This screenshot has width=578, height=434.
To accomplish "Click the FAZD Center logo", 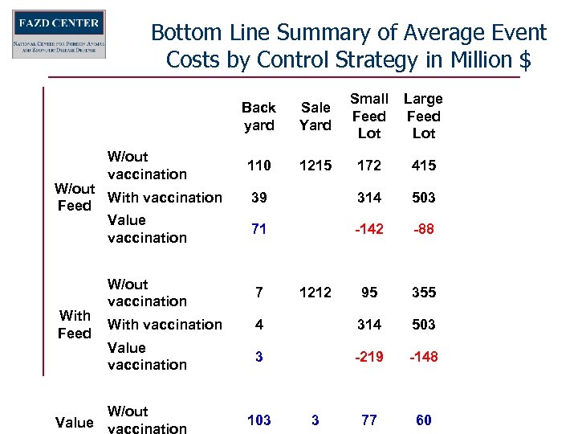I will pyautogui.click(x=59, y=35).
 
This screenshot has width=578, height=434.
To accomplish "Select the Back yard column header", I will pyautogui.click(x=258, y=116).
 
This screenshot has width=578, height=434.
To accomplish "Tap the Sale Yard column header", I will pyautogui.click(x=315, y=116).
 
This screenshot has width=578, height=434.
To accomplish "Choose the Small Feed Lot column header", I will pyautogui.click(x=369, y=116).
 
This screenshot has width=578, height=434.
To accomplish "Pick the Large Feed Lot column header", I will pyautogui.click(x=423, y=116).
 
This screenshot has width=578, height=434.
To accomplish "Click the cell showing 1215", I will pyautogui.click(x=315, y=165).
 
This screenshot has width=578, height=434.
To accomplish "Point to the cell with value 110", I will pyautogui.click(x=258, y=165).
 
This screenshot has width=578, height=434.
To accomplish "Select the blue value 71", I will pyautogui.click(x=258, y=229).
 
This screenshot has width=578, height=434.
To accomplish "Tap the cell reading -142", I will pyautogui.click(x=369, y=229).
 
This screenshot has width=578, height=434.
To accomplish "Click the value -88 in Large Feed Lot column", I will pyautogui.click(x=423, y=229).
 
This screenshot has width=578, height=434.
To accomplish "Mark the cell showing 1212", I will pyautogui.click(x=315, y=293).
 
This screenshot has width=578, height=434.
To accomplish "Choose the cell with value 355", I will pyautogui.click(x=423, y=293).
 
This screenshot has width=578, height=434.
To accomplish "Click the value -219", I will pyautogui.click(x=369, y=356).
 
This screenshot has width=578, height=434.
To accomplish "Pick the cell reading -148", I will pyautogui.click(x=423, y=356).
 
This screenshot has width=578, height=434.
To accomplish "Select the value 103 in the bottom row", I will pyautogui.click(x=258, y=420).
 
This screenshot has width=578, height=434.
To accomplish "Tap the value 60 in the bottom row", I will pyautogui.click(x=423, y=420).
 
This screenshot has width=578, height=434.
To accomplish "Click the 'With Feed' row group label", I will pyautogui.click(x=75, y=324).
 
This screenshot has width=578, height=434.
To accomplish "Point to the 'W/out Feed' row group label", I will pyautogui.click(x=75, y=197).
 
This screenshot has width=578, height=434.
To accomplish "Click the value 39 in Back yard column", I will pyautogui.click(x=258, y=198).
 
